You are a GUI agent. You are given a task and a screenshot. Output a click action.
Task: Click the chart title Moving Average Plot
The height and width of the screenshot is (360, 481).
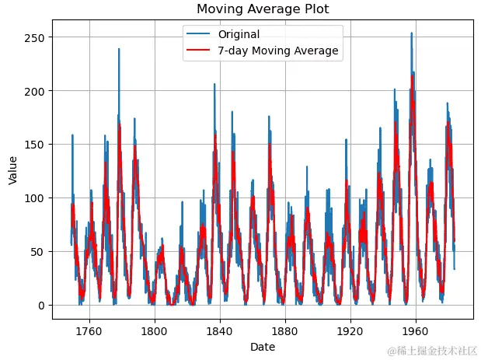coord(263,9)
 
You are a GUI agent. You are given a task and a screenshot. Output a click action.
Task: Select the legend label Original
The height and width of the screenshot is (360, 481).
coord(239,35)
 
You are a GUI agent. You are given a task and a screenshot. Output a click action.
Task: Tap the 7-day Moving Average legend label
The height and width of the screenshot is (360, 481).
coord(278,51)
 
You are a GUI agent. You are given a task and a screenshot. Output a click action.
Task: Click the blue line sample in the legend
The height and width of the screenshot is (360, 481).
coord(199,35)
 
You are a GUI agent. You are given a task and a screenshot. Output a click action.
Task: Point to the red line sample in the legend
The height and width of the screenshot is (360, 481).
coord(199,51)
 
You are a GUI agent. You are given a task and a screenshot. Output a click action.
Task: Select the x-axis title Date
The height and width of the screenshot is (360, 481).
coord(263,348)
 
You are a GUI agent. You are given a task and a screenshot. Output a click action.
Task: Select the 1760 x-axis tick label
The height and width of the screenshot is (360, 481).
coord(89,330)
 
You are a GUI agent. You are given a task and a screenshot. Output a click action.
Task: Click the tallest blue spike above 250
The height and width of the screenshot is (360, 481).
coord(412,34)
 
